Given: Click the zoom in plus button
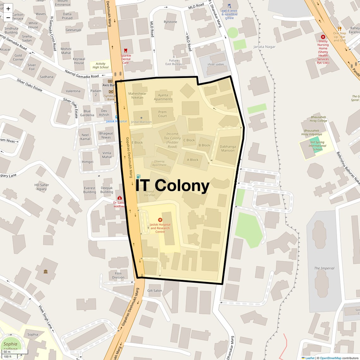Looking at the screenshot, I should click(8, 9).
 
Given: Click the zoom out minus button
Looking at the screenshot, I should click(8, 17).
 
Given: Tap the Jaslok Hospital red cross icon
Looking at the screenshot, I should click(160, 220).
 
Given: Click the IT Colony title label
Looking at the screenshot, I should click(172, 185).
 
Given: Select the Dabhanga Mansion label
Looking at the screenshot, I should click(228, 148).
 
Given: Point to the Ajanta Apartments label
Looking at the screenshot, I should click(163, 97).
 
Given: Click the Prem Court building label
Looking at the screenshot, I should click(162, 114).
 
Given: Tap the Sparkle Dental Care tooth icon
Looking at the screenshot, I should click(126, 51).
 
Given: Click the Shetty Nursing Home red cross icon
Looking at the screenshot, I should click(323, 37).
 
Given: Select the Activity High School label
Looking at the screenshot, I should click(100, 65).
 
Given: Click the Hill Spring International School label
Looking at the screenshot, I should click(317, 146).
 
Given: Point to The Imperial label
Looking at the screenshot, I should click(324, 268).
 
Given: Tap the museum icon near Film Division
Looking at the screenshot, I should click(45, 271).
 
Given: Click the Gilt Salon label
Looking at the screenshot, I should click(155, 291).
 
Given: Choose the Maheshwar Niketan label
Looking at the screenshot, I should click(137, 95).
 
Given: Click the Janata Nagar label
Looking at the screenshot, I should click(264, 47).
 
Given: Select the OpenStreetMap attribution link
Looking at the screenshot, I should click(330, 358).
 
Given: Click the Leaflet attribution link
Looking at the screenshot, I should click(310, 358).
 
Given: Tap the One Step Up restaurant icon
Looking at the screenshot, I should click(339, 28).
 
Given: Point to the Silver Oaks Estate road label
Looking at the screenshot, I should click(29, 85).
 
